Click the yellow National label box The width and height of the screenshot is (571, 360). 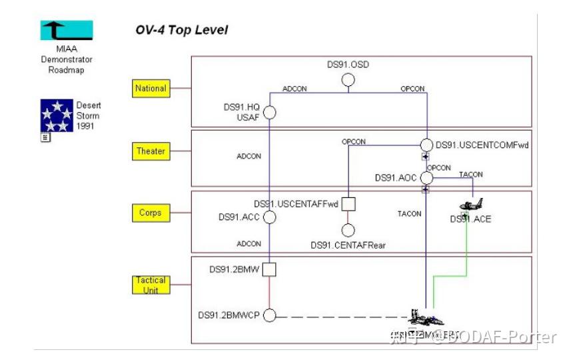pos(151,88)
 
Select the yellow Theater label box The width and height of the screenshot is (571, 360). pos(151,151)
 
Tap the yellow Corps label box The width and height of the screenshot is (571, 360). pos(151,213)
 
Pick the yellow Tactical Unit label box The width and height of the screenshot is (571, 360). pos(151,285)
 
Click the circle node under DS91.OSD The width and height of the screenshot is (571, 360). pos(348,80)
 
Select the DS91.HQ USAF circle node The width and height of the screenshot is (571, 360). pos(270,112)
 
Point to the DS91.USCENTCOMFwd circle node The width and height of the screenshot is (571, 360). pos(426,145)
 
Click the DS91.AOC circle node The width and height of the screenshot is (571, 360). pos(426,178)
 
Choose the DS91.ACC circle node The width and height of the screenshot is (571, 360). pos(270,217)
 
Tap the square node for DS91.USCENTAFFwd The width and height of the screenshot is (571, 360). pos(348,204)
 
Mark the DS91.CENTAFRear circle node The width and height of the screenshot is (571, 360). pos(348,230)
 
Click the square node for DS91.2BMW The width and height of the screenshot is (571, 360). pos(269,269)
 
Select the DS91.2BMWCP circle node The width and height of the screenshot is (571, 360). pos(269,315)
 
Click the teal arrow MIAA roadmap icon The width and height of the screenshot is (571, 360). pos(67,31)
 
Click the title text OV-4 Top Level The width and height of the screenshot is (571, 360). pos(181,30)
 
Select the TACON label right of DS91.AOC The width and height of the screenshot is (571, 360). pos(471,175)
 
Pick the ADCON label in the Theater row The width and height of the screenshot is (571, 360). pos(249,157)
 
